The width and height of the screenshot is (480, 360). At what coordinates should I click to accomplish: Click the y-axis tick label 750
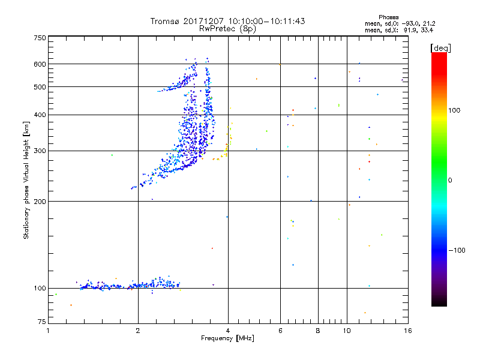coord(40,37)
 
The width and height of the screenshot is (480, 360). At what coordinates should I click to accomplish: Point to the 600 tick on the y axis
coord(40,64)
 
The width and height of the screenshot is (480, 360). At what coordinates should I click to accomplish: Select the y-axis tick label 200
coord(40,201)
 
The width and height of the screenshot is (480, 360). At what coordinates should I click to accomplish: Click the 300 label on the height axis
coord(40,151)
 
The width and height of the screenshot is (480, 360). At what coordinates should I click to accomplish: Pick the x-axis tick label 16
coord(407,330)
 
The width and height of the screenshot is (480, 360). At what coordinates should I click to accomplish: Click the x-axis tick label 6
coord(280,330)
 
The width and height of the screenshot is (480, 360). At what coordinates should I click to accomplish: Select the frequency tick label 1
coord(48,330)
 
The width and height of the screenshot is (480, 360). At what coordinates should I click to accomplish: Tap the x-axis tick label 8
coord(318,330)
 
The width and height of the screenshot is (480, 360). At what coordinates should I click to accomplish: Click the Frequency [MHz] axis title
coord(227,338)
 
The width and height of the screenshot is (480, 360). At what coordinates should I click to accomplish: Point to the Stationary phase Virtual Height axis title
coord(26,181)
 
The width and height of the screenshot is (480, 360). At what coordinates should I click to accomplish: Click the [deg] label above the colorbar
coord(440,47)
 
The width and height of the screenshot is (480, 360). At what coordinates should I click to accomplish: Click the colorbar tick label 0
coord(451,180)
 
